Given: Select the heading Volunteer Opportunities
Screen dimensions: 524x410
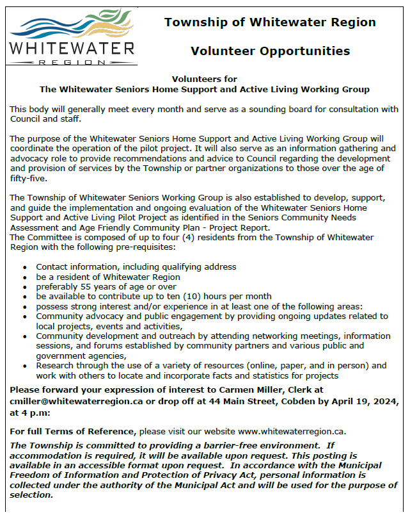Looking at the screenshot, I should pos(270,51).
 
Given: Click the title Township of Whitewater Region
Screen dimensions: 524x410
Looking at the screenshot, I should pos(270,22).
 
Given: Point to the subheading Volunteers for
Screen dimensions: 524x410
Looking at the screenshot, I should pos(205,79).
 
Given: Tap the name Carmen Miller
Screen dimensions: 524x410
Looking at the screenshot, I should pos(262,390).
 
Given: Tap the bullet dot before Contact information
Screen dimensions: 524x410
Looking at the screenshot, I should pos(24,267).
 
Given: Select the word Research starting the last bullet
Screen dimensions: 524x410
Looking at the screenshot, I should pos(56,366).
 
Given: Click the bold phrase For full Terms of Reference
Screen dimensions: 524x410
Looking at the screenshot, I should pos(72,431).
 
